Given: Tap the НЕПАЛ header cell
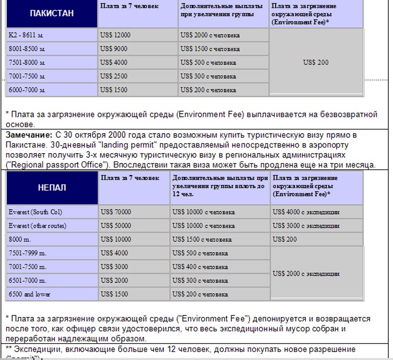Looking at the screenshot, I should coord(52,188).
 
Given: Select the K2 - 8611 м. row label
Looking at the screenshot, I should coord(52,35).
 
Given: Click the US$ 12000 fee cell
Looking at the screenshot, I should coord(137,35).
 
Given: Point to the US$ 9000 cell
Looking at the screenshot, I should coord(137,49).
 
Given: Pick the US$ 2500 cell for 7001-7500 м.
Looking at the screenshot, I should coord(137,76).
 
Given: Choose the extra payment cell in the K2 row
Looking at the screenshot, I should coord(223,35).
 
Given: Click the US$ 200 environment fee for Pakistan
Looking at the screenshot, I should coord(316,62).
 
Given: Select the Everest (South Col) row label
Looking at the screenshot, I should coord(52,212).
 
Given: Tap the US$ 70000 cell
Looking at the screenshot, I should coord(134,212).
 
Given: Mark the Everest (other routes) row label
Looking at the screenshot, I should coord(52,226).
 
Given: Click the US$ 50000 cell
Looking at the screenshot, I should coord(134,226).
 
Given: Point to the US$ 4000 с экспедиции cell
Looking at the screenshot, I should coord(316,212).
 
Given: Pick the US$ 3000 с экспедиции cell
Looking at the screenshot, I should coord(316,226).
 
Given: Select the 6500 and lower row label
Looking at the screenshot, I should coord(52,294).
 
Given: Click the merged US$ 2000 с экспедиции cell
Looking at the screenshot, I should coord(316,273).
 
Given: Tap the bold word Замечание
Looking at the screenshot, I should coord(29,135).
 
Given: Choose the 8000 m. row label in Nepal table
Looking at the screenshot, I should coord(52,239).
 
